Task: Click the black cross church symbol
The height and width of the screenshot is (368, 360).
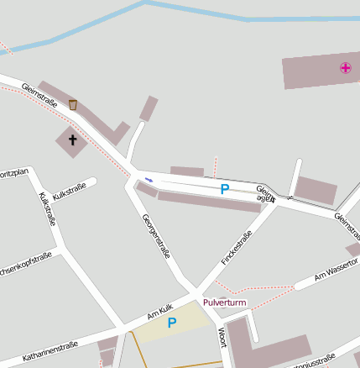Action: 72,140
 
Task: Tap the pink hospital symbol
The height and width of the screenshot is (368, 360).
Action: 345,68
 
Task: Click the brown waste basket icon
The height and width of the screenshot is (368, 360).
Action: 73,105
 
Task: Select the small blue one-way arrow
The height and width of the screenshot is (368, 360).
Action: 149,180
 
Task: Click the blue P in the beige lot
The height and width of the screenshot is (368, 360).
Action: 172,323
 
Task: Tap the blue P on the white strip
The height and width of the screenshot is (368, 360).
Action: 224,190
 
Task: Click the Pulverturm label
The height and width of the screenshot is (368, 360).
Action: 224,302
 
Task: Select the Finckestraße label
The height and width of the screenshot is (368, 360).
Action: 236,249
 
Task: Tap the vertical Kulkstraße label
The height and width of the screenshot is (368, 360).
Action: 47,209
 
